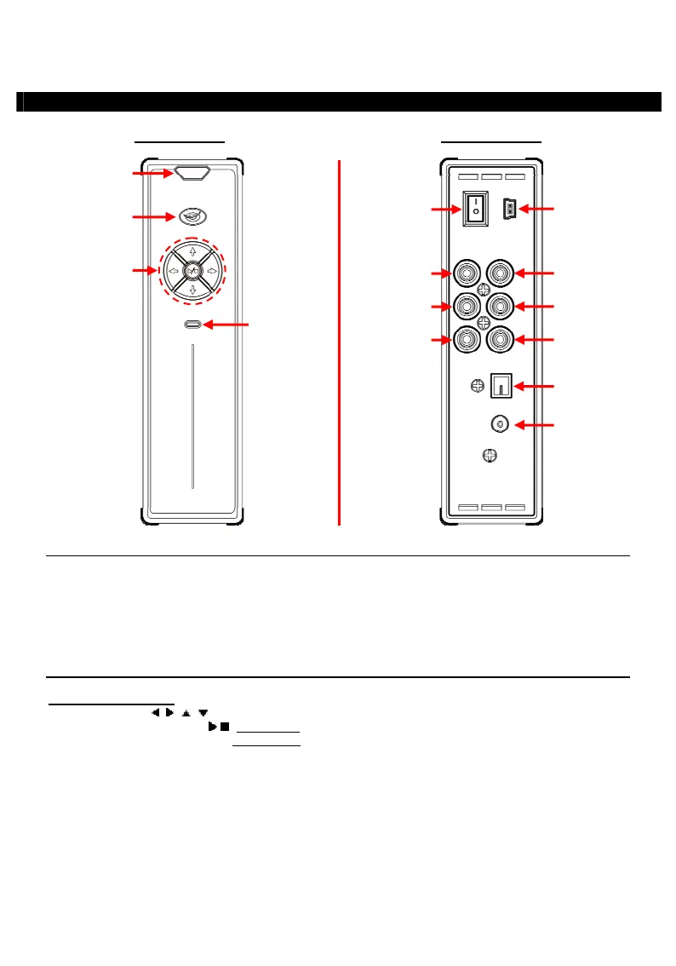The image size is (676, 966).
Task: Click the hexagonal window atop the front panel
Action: pyautogui.click(x=192, y=173)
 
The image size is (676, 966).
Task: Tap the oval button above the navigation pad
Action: pyautogui.click(x=193, y=216)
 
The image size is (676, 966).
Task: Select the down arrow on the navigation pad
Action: pyautogui.click(x=192, y=290)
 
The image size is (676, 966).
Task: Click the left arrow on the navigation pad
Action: pyautogui.click(x=173, y=271)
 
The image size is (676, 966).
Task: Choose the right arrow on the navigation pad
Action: pyautogui.click(x=212, y=271)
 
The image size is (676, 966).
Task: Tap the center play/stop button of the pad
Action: pyautogui.click(x=192, y=271)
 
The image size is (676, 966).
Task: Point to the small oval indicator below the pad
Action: pyautogui.click(x=192, y=325)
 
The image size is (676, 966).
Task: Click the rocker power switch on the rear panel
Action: pyautogui.click(x=476, y=208)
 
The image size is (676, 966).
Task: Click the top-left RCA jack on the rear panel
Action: pyautogui.click(x=467, y=273)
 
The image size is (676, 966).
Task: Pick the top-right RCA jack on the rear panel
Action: pyautogui.click(x=501, y=273)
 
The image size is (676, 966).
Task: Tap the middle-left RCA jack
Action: pyautogui.click(x=467, y=305)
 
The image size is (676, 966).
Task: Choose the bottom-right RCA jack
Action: pyautogui.click(x=501, y=340)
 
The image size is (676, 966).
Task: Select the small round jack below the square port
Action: pyautogui.click(x=500, y=423)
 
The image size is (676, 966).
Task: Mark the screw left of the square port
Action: pyautogui.click(x=478, y=386)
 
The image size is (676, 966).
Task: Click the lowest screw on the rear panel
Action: pyautogui.click(x=489, y=456)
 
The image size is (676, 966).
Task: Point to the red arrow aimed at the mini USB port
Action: pyautogui.click(x=537, y=207)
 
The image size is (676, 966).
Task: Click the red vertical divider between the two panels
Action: pyautogui.click(x=340, y=341)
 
